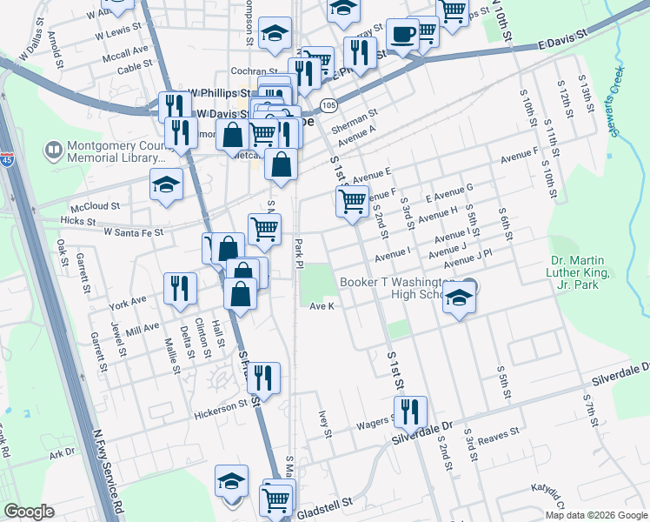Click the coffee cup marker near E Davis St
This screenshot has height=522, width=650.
(x=402, y=36)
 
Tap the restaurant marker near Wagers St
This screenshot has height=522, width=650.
(x=410, y=412)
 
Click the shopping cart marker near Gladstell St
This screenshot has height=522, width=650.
(x=275, y=499)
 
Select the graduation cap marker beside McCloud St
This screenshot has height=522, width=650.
(x=166, y=184)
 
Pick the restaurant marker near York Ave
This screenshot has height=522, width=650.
(x=180, y=289)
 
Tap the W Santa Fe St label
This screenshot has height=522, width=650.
(x=134, y=233)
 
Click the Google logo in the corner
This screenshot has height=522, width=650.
(x=29, y=512)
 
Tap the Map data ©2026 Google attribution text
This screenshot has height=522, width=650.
(x=597, y=515)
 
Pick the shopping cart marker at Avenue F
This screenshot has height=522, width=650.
(x=352, y=201)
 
